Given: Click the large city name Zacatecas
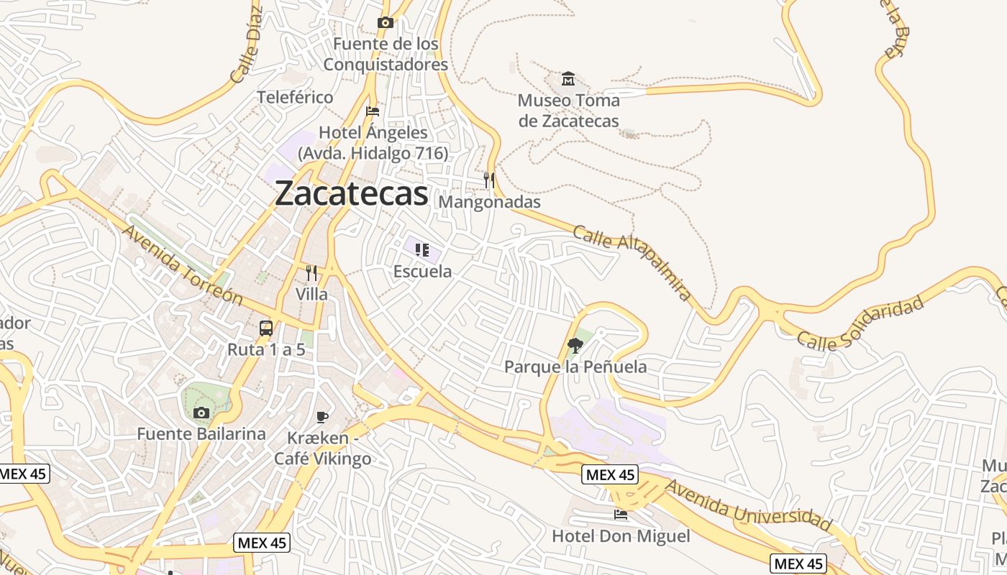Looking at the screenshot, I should point(351,193).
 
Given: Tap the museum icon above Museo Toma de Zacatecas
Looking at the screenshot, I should point(568,78).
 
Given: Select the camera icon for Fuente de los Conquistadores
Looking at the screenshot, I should point(386,23).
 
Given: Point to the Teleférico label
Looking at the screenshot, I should point(296,97).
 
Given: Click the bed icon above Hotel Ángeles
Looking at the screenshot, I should point(372,111).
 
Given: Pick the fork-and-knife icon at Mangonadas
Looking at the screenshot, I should point(489,180).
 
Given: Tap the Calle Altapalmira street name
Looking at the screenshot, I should point(632,262).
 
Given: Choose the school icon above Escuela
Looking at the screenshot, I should point(422,250).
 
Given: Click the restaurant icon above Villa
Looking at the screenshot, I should point(311,273).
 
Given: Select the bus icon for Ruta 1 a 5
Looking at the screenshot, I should point(266,328).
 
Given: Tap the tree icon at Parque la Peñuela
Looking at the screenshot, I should point(575,346).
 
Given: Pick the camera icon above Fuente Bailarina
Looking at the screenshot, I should point(201,413).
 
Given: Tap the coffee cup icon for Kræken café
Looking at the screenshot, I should point(322,417).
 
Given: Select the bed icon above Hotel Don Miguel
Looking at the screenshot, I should point(621,515).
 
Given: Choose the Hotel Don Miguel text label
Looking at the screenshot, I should point(621,536).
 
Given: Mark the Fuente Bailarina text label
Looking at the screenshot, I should point(201,434).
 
